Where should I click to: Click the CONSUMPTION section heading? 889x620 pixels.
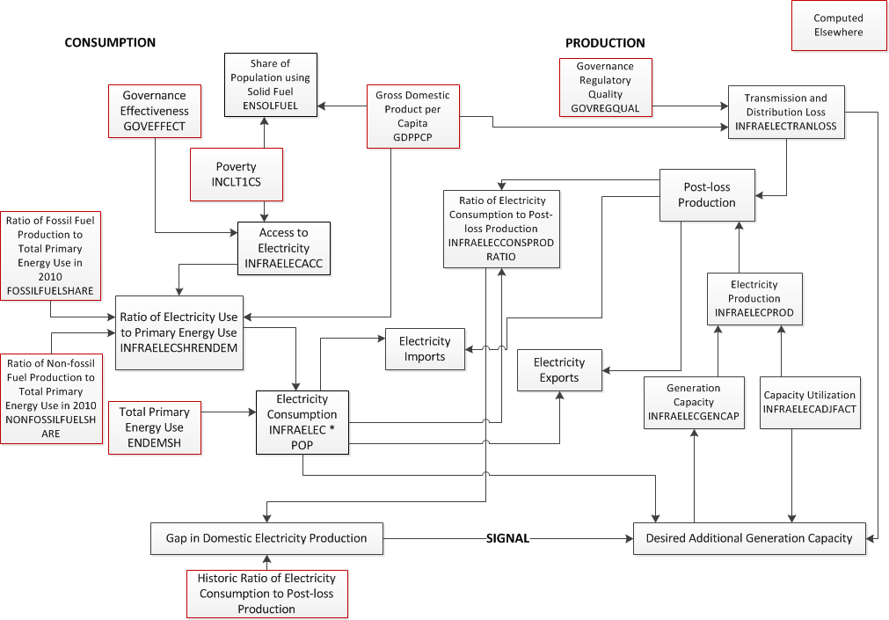click(110, 42)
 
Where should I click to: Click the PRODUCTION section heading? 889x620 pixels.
click(605, 43)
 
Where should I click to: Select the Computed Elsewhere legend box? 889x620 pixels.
click(838, 26)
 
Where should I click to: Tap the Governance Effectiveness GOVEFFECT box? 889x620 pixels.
click(155, 111)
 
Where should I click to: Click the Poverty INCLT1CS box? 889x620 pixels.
click(236, 174)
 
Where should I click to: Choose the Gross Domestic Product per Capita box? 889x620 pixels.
click(412, 116)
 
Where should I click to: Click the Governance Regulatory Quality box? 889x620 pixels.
click(605, 87)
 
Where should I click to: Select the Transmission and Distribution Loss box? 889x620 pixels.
click(785, 112)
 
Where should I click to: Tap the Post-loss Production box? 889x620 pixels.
click(707, 195)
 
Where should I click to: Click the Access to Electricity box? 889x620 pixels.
click(283, 247)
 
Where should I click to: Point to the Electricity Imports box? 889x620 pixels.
click(425, 349)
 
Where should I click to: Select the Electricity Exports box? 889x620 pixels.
click(559, 370)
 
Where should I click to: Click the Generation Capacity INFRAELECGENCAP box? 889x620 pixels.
click(694, 402)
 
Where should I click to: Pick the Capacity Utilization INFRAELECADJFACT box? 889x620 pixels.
click(810, 403)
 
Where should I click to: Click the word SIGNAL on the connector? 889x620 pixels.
click(508, 538)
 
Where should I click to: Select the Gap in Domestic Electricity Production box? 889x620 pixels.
click(266, 538)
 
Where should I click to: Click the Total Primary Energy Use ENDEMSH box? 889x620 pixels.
click(155, 427)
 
